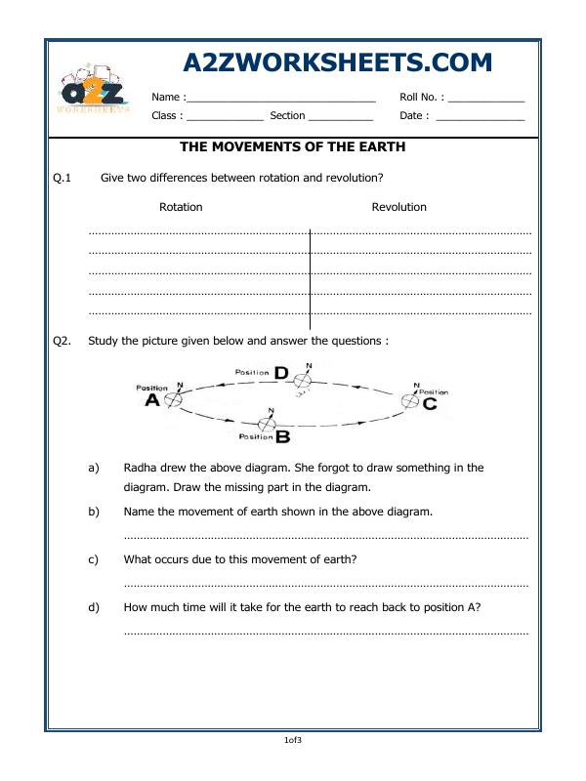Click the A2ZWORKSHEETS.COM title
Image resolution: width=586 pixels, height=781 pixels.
pos(338,62)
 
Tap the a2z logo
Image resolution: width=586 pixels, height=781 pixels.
pos(94,94)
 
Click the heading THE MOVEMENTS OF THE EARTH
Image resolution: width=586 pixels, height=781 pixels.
pos(293,147)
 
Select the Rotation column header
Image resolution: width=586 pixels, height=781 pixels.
pos(181,207)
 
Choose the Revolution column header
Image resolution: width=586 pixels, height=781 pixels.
pos(398,207)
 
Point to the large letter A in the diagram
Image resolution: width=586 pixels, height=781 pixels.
pos(152,401)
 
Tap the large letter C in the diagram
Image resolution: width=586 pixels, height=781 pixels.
pos(430,402)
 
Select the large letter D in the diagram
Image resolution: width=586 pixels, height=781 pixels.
pos(281,373)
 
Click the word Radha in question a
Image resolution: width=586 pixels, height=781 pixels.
pos(141,468)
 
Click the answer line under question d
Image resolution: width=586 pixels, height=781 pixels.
pos(326,633)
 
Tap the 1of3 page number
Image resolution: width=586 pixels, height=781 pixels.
pos(293,741)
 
